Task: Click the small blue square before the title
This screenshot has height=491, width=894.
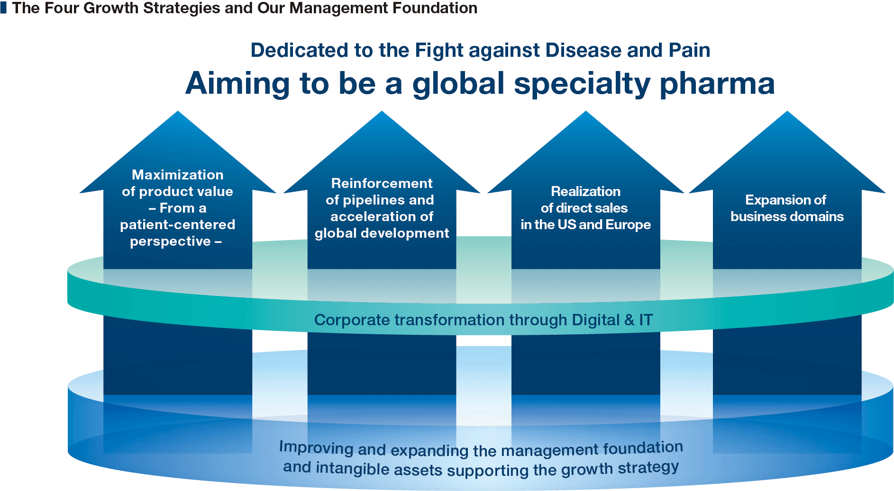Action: coord(3,8)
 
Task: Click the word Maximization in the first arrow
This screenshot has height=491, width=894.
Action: coord(178,175)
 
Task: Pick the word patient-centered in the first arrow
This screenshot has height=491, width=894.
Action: coord(178,224)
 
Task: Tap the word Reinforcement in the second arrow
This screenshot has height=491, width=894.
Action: coord(382,183)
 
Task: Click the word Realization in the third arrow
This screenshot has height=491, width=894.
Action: coord(585,191)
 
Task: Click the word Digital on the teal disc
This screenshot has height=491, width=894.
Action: coord(596,320)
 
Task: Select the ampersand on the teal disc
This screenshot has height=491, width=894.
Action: coord(629,320)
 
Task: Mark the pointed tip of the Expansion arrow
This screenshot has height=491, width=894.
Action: coord(787,111)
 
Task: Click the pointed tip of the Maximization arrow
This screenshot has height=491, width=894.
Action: coord(178,111)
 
